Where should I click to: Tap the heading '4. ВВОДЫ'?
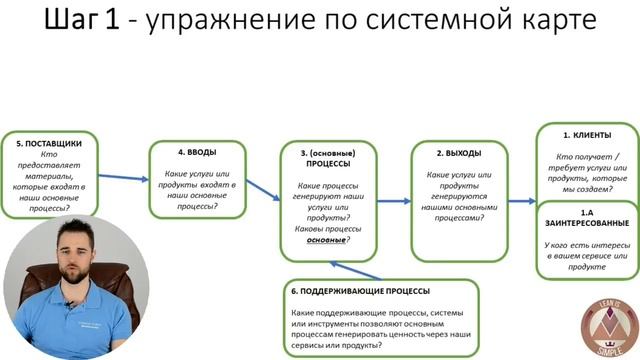click(x=195, y=153)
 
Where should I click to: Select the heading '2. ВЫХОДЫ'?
click(x=458, y=154)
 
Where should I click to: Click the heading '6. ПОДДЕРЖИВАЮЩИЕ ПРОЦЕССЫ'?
click(x=361, y=291)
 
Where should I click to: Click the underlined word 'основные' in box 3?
click(x=335, y=241)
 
